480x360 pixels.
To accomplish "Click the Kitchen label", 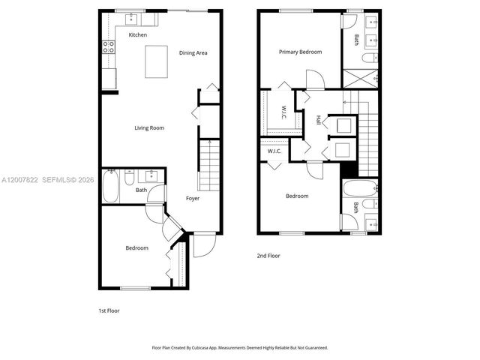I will pyautogui.click(x=137, y=35).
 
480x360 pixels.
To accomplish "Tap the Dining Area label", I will pyautogui.click(x=193, y=52).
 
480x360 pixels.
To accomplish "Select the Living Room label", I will pyautogui.click(x=149, y=127).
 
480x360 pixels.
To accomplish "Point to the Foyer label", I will pyautogui.click(x=193, y=198).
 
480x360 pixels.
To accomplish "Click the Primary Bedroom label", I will pyautogui.click(x=300, y=52).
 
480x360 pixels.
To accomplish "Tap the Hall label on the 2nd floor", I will pyautogui.click(x=319, y=118).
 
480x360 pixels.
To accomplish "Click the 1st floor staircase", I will pyautogui.click(x=209, y=165).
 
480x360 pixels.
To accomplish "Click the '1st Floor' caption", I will pyautogui.click(x=109, y=310).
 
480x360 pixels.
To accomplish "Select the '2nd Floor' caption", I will pyautogui.click(x=268, y=256).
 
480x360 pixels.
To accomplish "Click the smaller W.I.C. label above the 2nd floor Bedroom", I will pyautogui.click(x=274, y=152).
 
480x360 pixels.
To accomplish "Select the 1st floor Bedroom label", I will pyautogui.click(x=136, y=247).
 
